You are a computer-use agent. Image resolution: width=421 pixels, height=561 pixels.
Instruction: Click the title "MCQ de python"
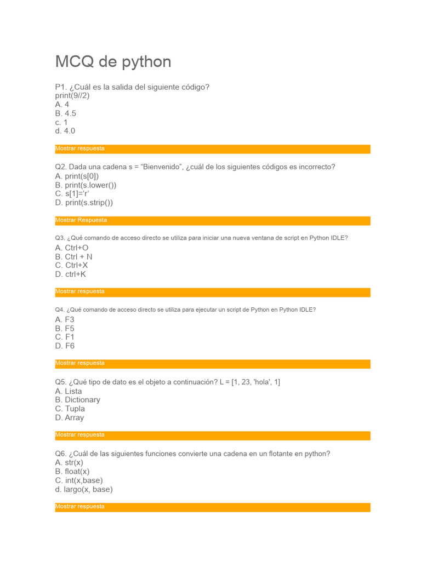coord(113,62)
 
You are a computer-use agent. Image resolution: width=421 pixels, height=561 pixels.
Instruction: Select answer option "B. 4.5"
coord(66,113)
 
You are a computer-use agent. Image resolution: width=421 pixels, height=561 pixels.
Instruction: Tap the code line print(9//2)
coord(72,96)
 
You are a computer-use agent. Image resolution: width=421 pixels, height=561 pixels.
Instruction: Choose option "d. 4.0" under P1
coord(65,131)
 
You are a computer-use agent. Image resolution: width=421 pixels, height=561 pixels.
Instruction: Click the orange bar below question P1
coord(213,149)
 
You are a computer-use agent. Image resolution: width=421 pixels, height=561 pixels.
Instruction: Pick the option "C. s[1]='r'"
coord(72,193)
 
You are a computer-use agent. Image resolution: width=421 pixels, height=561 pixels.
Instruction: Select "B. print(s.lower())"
coord(86,185)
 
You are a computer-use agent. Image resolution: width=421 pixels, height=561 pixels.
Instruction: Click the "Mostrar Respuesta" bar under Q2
coord(213,221)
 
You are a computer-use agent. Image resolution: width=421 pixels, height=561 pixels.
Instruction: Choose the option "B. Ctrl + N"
coord(74,256)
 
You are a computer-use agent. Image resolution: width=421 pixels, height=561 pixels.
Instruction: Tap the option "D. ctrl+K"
coord(71,274)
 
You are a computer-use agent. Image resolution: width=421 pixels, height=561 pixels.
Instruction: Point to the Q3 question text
coord(202,238)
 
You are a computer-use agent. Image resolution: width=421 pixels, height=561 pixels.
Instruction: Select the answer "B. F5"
coord(65,328)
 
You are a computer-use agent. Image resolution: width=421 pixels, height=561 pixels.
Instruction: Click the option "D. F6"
coord(65,346)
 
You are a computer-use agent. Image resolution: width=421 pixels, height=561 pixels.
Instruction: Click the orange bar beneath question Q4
coord(213,364)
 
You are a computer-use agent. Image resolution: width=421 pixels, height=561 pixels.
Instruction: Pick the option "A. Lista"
coord(69,391)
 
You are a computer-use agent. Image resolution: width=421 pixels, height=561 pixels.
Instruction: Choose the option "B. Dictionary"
coord(78,400)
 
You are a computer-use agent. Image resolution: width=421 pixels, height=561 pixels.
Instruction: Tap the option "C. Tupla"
coord(70,409)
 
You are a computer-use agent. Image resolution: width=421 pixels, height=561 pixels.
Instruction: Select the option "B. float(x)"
coord(72,472)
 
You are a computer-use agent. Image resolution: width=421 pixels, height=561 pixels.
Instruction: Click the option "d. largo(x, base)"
coord(84,489)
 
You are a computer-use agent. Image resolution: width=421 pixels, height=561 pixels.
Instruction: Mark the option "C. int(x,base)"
coord(79,480)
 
